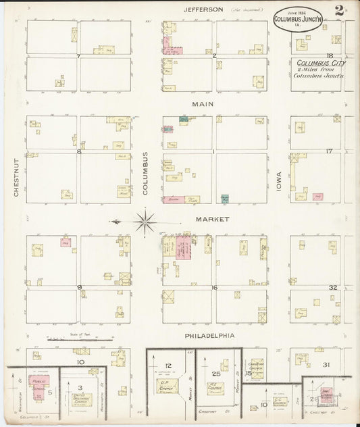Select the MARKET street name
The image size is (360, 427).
[213, 219]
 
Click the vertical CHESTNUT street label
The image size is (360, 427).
[15, 178]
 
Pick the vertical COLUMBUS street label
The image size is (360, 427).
[145, 174]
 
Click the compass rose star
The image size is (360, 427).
[145, 221]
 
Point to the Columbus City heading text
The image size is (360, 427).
[321, 63]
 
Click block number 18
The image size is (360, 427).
[330, 56]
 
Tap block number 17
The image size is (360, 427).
[329, 151]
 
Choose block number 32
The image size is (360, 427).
[332, 287]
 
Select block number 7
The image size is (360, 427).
[79, 56]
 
